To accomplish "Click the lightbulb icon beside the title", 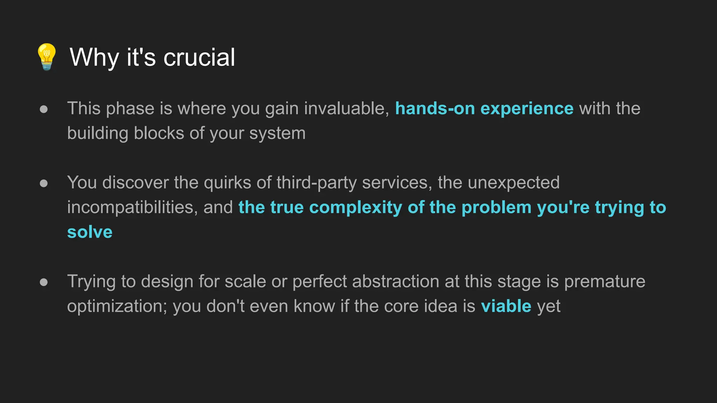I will (47, 57).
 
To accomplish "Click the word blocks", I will (159, 133).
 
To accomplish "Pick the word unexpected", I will (514, 183).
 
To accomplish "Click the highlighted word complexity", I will (356, 208).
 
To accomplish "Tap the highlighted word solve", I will (90, 232).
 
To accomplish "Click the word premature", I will (605, 282).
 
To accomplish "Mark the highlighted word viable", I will (506, 306).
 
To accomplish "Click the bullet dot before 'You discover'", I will (44, 183).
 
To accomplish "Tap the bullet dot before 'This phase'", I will (44, 109).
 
